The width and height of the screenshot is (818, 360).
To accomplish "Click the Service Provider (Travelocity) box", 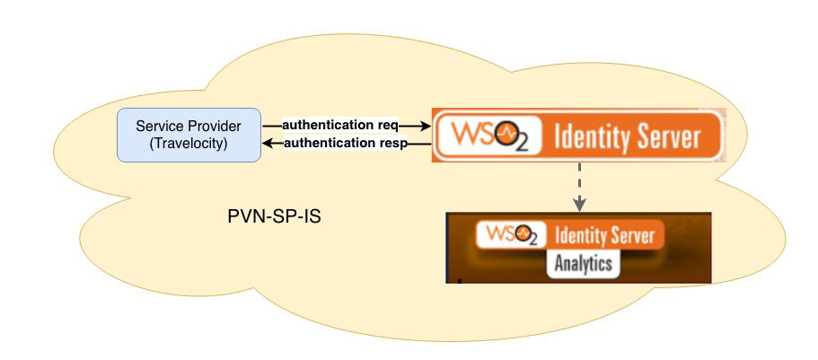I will click(189, 135).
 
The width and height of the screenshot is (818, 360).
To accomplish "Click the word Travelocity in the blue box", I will click(189, 144).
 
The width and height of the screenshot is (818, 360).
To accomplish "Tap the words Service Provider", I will click(189, 126).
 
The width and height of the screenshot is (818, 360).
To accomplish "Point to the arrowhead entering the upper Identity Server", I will click(428, 126).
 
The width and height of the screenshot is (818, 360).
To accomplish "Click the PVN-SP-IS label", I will click(274, 218).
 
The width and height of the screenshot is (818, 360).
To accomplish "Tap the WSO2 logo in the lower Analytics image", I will click(512, 235).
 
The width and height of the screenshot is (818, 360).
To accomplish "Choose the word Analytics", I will click(583, 264).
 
